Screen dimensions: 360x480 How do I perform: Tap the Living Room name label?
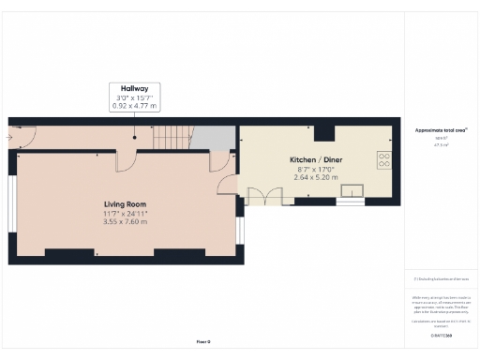click(x=125, y=203)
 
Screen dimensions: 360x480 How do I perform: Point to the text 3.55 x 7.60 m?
click(x=125, y=222)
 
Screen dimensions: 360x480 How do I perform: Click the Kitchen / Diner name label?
click(x=316, y=159)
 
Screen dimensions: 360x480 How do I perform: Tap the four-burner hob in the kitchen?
click(x=383, y=159)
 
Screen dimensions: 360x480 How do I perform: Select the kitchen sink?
click(x=353, y=194)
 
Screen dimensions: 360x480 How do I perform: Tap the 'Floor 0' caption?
click(x=203, y=341)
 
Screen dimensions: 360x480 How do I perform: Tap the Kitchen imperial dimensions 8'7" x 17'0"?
click(x=316, y=169)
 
